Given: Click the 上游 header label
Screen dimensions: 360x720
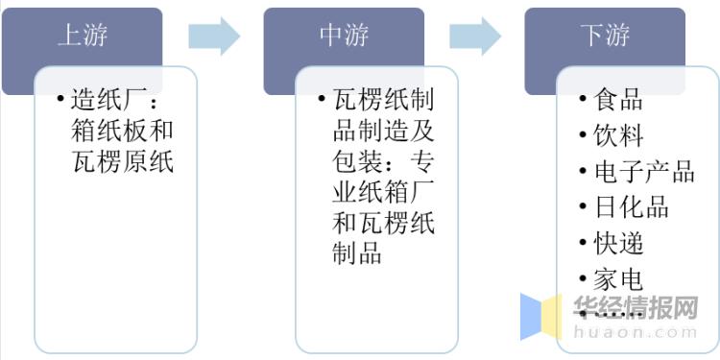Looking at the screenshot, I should (x=82, y=36).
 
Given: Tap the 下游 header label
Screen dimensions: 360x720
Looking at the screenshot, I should (x=605, y=36).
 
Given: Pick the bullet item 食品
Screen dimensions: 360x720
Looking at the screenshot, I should (x=618, y=100).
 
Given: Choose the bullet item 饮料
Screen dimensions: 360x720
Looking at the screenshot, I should (x=618, y=135).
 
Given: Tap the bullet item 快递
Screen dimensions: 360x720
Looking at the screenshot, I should (x=618, y=243).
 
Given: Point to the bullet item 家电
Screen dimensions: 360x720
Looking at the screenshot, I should (x=618, y=279).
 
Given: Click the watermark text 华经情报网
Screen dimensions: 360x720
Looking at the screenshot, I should (x=635, y=308).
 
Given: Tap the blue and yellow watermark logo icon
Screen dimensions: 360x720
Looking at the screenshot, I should (x=541, y=317).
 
